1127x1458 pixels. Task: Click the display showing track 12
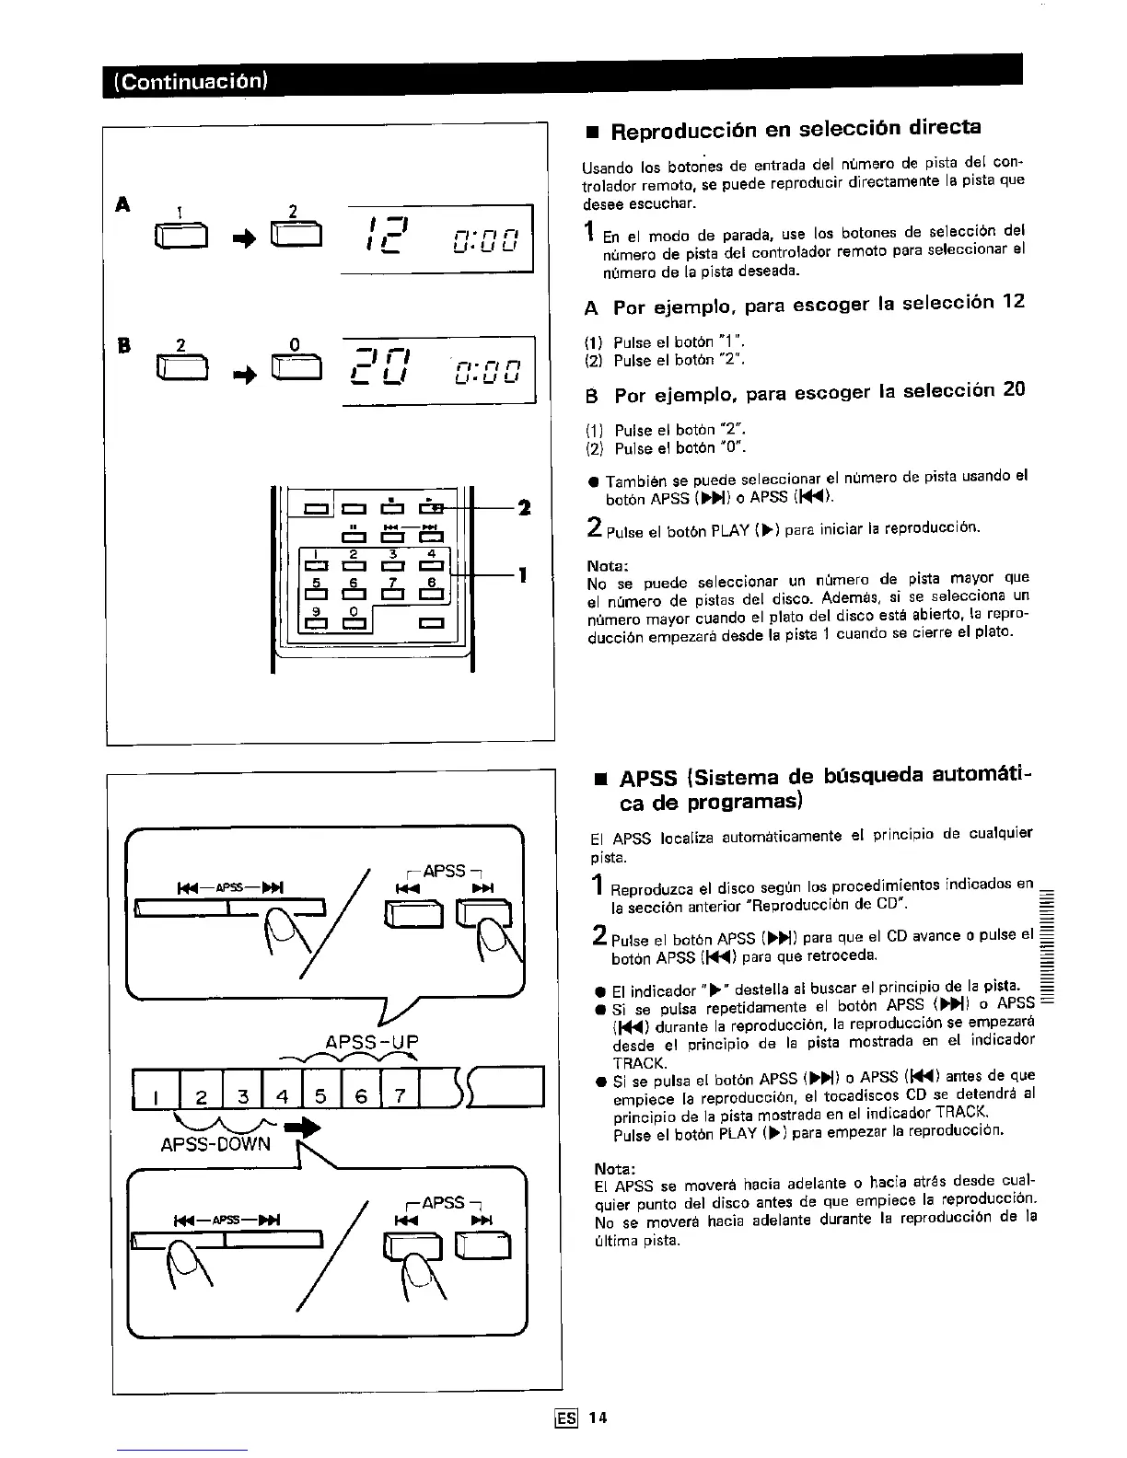click(x=437, y=237)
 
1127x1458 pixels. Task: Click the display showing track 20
click(x=437, y=369)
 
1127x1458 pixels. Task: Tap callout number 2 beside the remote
click(x=524, y=507)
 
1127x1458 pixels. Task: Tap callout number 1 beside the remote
click(x=523, y=575)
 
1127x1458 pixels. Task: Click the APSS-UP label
click(x=372, y=1042)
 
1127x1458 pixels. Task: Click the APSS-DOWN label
click(x=215, y=1143)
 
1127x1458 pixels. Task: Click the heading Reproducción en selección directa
click(x=797, y=129)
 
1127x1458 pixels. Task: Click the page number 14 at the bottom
click(x=598, y=1417)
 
